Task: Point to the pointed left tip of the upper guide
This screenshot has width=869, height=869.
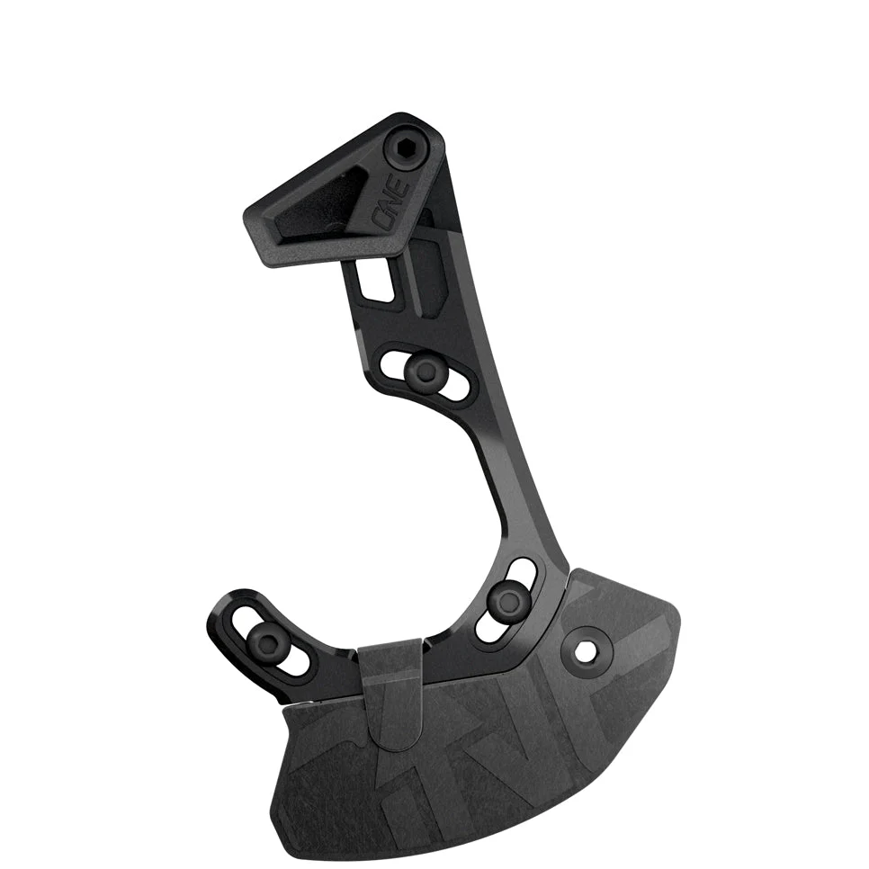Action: (x=249, y=217)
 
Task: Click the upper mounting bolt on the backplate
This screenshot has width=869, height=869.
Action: (x=420, y=368)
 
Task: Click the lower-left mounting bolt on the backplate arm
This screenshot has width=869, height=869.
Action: (x=267, y=636)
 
